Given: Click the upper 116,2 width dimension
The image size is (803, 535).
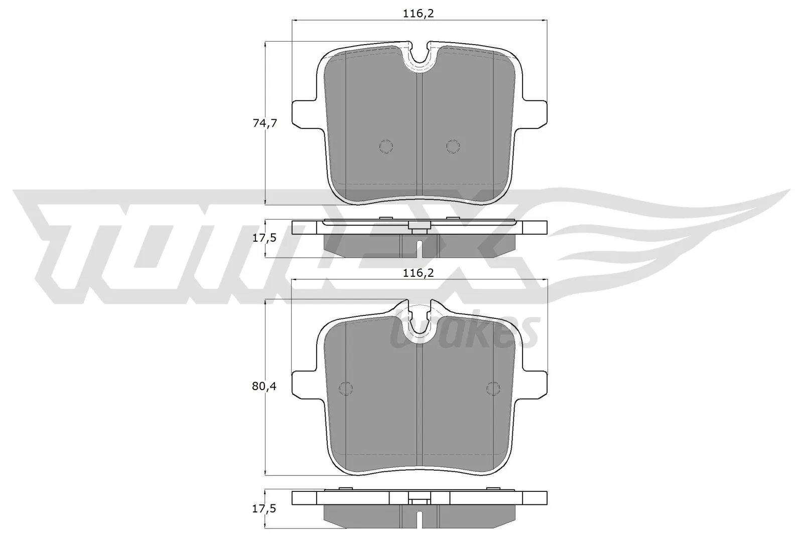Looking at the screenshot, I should (418, 14).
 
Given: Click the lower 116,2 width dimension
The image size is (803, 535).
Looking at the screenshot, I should (418, 273).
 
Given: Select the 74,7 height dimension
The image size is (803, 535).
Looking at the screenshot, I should (264, 123).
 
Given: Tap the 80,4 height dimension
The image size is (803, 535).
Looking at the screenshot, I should (264, 387).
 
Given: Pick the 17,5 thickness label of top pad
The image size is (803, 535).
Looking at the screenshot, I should (264, 238).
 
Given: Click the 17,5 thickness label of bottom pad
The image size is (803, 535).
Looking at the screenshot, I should (264, 508).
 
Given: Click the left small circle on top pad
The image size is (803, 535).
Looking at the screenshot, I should (385, 146).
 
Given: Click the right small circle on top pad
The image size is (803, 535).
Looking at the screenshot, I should (453, 146).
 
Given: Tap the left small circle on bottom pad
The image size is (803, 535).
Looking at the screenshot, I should (346, 388).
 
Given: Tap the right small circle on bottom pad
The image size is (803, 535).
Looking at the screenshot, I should (493, 388).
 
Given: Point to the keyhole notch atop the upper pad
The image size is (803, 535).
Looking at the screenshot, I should (420, 56).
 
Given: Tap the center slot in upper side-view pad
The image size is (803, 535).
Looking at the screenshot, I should (419, 247).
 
